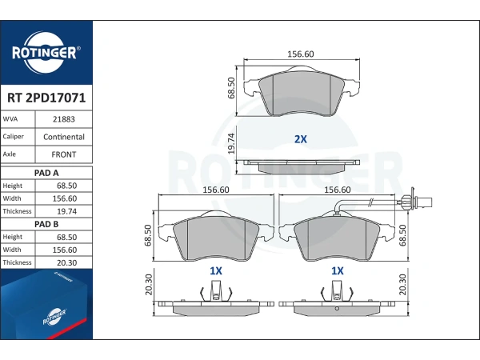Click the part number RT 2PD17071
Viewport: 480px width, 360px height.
(46, 98)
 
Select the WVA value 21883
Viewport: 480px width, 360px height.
(64, 119)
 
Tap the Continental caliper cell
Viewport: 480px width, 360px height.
(64, 137)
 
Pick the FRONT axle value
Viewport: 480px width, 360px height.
(64, 154)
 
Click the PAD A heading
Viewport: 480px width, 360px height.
(46, 173)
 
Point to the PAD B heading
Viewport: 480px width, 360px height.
(46, 224)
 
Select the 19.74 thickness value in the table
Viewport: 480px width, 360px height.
(66, 211)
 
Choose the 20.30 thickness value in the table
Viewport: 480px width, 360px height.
(66, 262)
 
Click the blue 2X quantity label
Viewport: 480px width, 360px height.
(300, 139)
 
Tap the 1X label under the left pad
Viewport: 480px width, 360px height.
(216, 271)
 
